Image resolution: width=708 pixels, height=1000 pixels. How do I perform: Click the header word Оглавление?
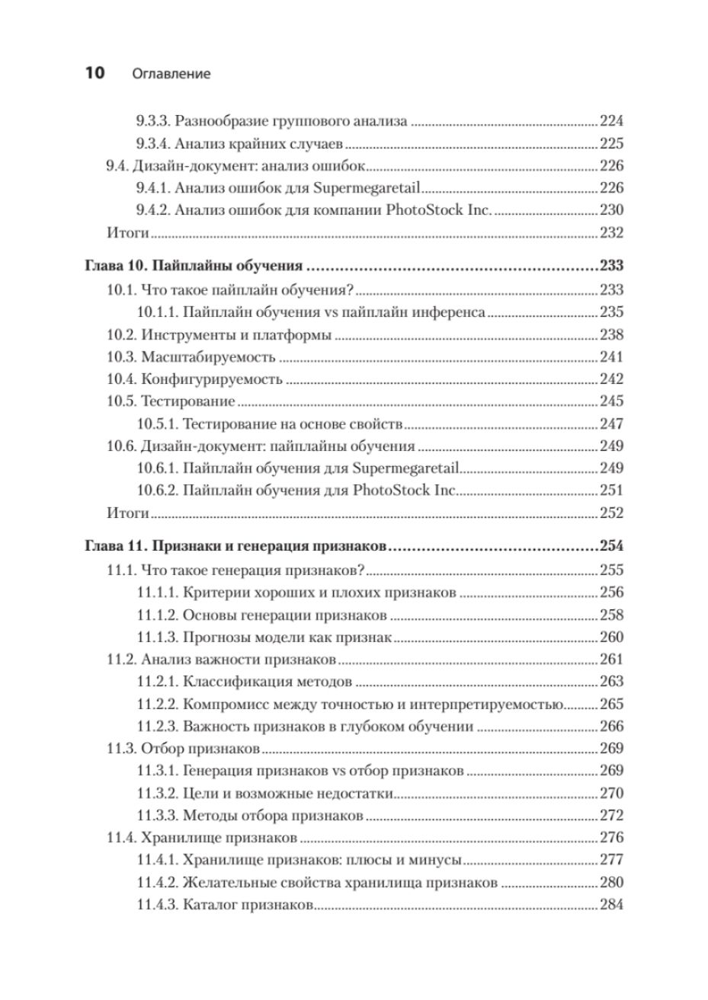click(171, 75)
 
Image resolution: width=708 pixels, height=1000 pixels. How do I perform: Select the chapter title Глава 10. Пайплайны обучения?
click(194, 266)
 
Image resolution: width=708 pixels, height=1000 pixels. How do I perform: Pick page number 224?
click(611, 120)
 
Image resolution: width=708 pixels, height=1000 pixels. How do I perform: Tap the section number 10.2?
click(120, 334)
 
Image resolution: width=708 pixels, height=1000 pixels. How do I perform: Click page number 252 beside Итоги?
click(611, 513)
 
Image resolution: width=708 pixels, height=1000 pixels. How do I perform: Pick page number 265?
click(611, 704)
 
